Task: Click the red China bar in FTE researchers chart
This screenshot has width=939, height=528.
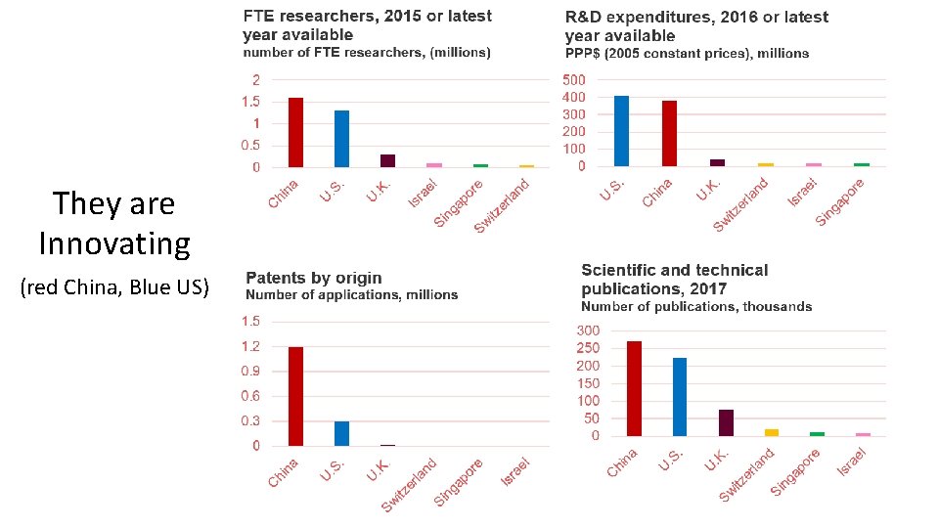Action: (x=295, y=132)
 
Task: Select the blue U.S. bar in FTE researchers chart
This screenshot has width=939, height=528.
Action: (x=341, y=139)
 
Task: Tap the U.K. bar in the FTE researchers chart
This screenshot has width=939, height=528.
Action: (x=387, y=160)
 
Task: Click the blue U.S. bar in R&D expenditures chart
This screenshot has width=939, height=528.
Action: (x=621, y=131)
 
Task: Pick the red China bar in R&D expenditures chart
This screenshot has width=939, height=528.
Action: (x=669, y=133)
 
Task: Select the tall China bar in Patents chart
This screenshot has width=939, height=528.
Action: (x=295, y=396)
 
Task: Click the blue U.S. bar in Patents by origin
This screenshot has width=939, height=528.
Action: (x=341, y=433)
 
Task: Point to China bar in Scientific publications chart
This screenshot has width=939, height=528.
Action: (x=634, y=388)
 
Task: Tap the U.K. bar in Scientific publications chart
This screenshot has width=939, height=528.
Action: (x=726, y=422)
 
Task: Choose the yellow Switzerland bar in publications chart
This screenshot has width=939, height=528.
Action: (x=772, y=432)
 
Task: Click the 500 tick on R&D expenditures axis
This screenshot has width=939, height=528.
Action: (x=574, y=79)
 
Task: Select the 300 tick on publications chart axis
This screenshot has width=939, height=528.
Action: (x=587, y=330)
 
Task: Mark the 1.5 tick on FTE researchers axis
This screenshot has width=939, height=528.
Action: (x=249, y=102)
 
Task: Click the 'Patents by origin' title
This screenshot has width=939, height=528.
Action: (x=313, y=278)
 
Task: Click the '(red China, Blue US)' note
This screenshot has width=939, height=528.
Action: (x=114, y=287)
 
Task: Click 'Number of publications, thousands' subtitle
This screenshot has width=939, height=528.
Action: (x=696, y=306)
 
